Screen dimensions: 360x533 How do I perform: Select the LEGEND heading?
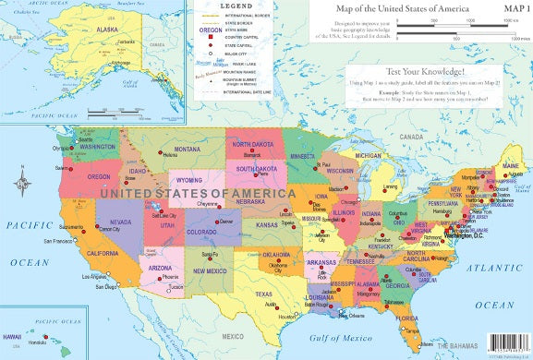pyautogui.click(x=235, y=7)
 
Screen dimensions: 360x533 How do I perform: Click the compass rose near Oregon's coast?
pyautogui.click(x=21, y=182)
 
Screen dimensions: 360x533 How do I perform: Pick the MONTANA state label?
pyautogui.click(x=187, y=149)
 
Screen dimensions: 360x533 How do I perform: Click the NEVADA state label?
pyautogui.click(x=120, y=222)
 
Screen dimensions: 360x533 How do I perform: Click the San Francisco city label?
pyautogui.click(x=59, y=241)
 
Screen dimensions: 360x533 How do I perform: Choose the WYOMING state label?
pyautogui.click(x=189, y=180)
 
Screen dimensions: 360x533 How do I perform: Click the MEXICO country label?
pyautogui.click(x=233, y=336)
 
